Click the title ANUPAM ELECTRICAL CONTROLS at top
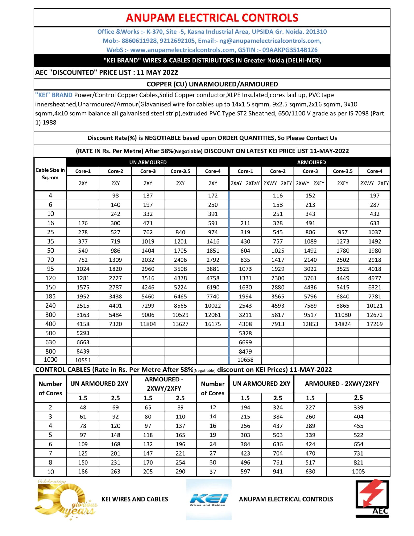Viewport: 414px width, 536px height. [212, 18]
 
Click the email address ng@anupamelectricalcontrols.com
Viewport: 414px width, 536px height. [270, 41]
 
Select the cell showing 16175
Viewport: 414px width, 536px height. [213, 324]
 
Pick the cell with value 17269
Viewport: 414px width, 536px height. [374, 324]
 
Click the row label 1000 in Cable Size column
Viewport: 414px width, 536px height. [50, 359]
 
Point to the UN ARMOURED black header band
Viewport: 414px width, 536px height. [148, 162]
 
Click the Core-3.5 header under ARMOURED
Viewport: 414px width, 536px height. [342, 171]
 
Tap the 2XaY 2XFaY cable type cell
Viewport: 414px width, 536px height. [245, 183]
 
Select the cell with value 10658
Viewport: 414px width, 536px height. [245, 359]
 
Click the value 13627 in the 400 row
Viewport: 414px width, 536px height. [180, 324]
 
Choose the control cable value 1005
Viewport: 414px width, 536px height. [358, 472]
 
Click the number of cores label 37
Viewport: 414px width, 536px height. [213, 472]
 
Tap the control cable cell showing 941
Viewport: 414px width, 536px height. [278, 472]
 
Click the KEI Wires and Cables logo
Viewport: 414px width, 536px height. [209, 499]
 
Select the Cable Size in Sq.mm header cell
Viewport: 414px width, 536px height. [50, 174]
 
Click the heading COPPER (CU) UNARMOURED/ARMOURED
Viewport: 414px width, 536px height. [212, 84]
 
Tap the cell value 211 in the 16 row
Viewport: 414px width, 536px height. [245, 223]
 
